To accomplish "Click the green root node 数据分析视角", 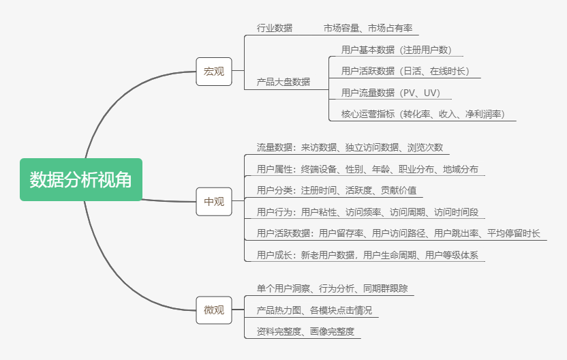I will pyautogui.click(x=81, y=179).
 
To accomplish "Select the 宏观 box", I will pyautogui.click(x=213, y=71).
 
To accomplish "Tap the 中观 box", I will pyautogui.click(x=213, y=201).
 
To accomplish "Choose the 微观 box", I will pyautogui.click(x=213, y=310).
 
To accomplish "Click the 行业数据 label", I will pyautogui.click(x=275, y=28).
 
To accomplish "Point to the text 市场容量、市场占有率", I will pyautogui.click(x=368, y=28).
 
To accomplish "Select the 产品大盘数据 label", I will pyautogui.click(x=283, y=82).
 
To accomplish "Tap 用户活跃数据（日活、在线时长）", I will pyautogui.click(x=405, y=71).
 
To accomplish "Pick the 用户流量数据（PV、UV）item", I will pyautogui.click(x=390, y=93).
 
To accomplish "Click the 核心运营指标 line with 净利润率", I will pyautogui.click(x=423, y=114).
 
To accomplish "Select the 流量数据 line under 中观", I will pyautogui.click(x=350, y=147).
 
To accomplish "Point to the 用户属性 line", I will pyautogui.click(x=367, y=169).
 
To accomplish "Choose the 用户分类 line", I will pyautogui.click(x=337, y=190).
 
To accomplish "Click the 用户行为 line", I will pyautogui.click(x=367, y=212).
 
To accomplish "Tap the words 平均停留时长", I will pyautogui.click(x=513, y=234).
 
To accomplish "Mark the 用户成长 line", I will pyautogui.click(x=367, y=256).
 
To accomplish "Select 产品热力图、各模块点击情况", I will pyautogui.click(x=314, y=310).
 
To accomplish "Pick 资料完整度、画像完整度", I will pyautogui.click(x=305, y=331).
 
